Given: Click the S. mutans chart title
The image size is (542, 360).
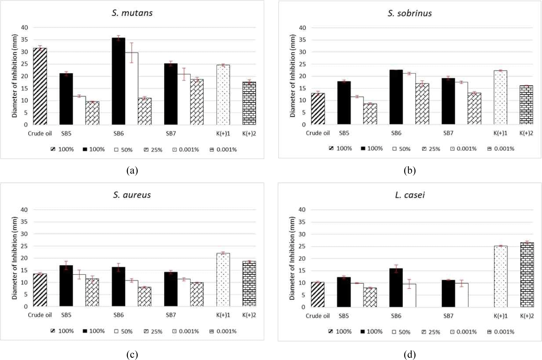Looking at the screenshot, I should click(132, 13).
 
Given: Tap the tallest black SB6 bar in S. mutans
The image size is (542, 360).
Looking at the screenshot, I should click(118, 81).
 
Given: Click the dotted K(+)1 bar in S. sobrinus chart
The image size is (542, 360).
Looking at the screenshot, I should click(500, 97).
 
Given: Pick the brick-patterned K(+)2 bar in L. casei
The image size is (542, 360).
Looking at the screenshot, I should click(527, 274).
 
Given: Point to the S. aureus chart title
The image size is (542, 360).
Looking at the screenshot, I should click(132, 195).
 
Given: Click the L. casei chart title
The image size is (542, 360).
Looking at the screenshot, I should click(410, 195).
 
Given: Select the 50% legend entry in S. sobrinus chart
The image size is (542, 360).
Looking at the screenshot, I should click(402, 149).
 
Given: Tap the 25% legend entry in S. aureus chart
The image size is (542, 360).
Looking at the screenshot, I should click(153, 331).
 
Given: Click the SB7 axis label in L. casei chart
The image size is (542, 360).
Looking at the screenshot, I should click(448, 316).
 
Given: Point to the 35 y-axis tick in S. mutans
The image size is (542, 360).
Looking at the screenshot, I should click(24, 40).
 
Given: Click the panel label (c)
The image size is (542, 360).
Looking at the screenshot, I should click(132, 354).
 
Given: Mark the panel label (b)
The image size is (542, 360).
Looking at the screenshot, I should click(410, 170).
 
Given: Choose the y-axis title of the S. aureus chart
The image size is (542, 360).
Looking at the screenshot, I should click(14, 258).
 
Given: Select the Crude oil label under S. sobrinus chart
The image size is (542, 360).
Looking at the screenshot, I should click(318, 133).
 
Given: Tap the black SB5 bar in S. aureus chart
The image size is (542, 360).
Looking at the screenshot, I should click(66, 286).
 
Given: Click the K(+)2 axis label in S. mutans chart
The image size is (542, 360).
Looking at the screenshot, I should click(249, 133).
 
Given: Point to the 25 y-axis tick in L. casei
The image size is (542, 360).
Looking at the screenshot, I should click(302, 246).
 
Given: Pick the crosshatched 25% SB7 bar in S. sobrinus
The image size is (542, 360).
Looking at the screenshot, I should click(474, 108).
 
